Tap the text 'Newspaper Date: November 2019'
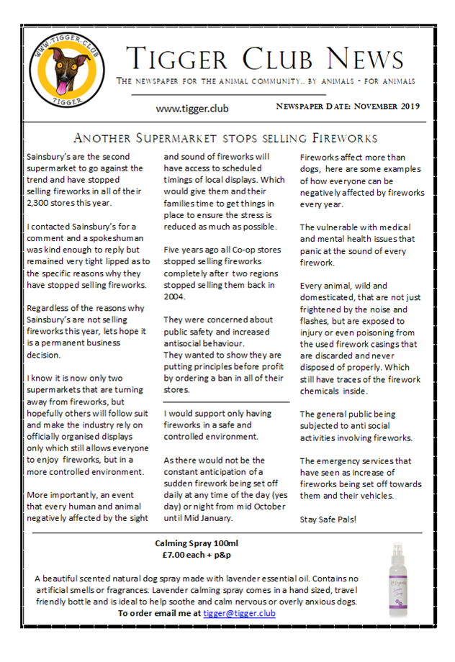tap(348, 106)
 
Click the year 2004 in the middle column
tap(176, 296)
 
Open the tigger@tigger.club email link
tap(239, 613)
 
